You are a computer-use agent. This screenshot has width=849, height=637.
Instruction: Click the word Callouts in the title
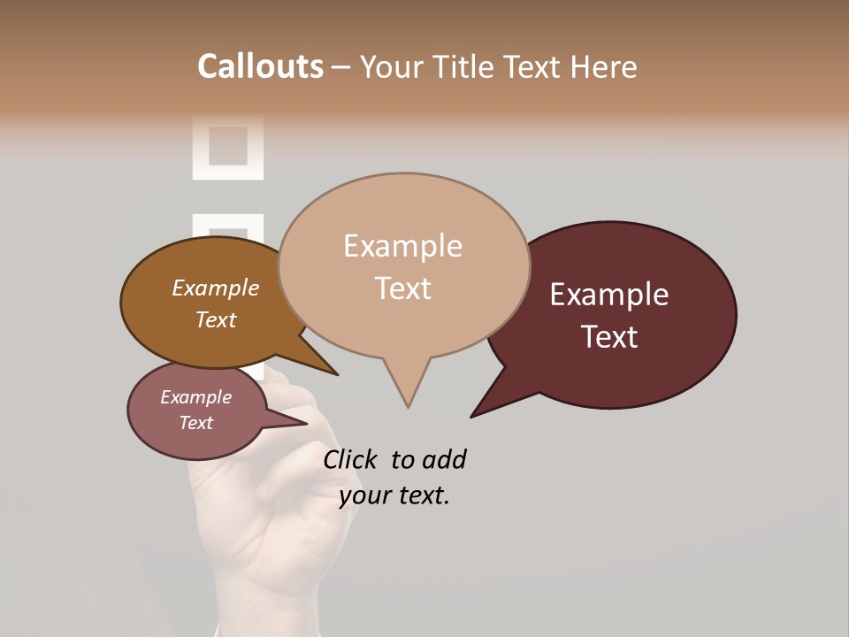260,67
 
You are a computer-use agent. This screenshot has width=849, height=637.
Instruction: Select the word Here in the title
603,67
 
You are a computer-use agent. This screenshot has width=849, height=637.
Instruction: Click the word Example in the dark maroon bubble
609,295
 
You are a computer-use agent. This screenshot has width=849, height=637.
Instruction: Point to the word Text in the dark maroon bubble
609,337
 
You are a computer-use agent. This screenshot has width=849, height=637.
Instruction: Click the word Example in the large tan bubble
402,246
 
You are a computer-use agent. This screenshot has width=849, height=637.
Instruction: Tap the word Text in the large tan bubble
402,288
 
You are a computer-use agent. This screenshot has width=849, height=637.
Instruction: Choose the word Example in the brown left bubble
215,288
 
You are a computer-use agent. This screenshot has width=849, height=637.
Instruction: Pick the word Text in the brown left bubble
215,319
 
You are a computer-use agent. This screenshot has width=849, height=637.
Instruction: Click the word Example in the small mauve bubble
195,397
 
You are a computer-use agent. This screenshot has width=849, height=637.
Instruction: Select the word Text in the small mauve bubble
195,423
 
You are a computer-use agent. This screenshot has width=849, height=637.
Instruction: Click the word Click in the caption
350,459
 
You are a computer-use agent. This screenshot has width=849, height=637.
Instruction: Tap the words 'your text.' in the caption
394,496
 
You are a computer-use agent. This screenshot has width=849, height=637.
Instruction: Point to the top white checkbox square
228,145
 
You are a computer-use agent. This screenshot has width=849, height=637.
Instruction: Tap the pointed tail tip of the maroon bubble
472,416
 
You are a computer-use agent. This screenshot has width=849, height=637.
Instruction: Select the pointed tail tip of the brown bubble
337,374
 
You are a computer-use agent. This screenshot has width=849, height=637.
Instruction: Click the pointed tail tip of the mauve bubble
307,423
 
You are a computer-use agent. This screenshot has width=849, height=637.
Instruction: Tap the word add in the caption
443,459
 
